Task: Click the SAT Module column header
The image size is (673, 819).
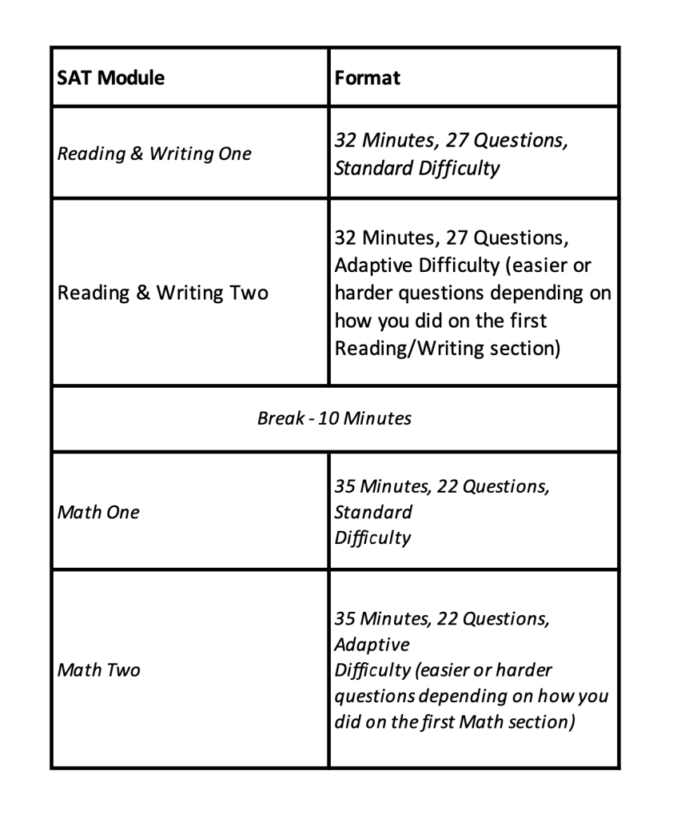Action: (111, 78)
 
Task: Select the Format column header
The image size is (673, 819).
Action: (368, 78)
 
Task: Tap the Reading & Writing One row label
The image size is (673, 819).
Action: (153, 154)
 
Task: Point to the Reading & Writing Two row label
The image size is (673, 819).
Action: (163, 293)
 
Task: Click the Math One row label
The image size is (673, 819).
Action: (98, 512)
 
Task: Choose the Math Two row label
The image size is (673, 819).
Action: (99, 669)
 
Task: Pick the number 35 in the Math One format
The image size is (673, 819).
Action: (348, 486)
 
